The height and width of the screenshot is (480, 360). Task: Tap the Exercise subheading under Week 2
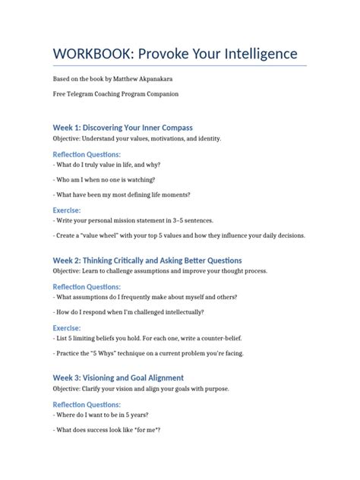point(67,327)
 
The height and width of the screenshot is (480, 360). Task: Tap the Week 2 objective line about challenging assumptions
point(159,271)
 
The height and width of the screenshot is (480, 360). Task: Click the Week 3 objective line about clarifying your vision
point(141,389)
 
